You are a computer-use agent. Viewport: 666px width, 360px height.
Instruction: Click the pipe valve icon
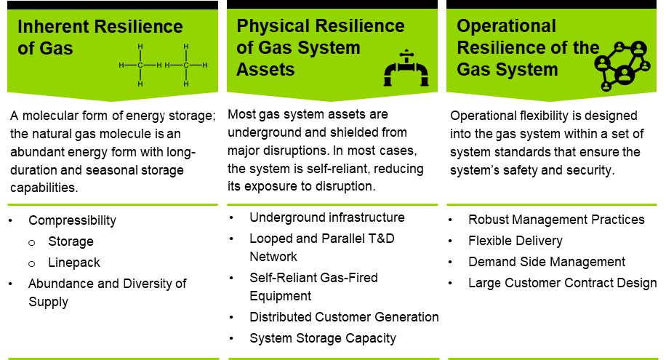pyautogui.click(x=406, y=68)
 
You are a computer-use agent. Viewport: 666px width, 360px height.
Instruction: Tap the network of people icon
pyautogui.click(x=622, y=65)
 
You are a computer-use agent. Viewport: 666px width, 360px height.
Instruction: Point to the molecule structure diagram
pyautogui.click(x=163, y=65)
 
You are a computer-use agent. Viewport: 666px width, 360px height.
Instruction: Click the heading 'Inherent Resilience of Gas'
pyautogui.click(x=100, y=37)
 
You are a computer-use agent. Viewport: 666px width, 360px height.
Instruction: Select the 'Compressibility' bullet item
pyautogui.click(x=72, y=220)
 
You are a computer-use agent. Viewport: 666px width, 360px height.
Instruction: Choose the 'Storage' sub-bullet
pyautogui.click(x=71, y=241)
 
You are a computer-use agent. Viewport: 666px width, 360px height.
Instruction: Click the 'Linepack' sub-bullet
pyautogui.click(x=74, y=263)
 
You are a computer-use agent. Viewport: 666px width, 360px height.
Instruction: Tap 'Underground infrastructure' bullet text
pyautogui.click(x=327, y=217)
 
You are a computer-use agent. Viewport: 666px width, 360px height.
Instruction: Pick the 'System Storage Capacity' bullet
pyautogui.click(x=323, y=338)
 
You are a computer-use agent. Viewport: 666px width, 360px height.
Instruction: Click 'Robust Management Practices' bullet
pyautogui.click(x=556, y=220)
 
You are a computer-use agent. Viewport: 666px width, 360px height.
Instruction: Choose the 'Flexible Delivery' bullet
pyautogui.click(x=515, y=241)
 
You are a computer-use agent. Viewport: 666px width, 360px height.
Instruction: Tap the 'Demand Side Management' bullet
pyautogui.click(x=547, y=262)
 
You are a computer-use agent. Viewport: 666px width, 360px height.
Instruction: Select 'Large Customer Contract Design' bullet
pyautogui.click(x=562, y=283)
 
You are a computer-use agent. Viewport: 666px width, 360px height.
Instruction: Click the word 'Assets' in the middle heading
pyautogui.click(x=265, y=69)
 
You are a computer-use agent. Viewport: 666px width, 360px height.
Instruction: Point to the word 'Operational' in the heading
pyautogui.click(x=506, y=26)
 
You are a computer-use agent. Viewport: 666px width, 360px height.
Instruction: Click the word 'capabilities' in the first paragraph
pyautogui.click(x=43, y=188)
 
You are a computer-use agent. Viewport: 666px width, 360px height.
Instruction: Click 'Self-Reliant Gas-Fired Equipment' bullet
pyautogui.click(x=313, y=287)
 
